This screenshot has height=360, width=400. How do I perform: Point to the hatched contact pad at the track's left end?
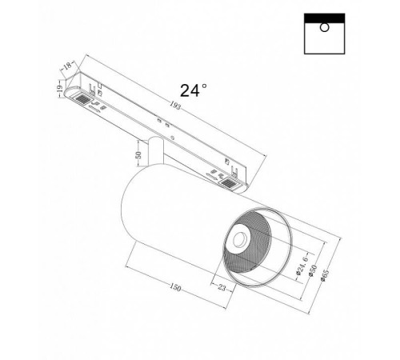(x=82, y=98)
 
